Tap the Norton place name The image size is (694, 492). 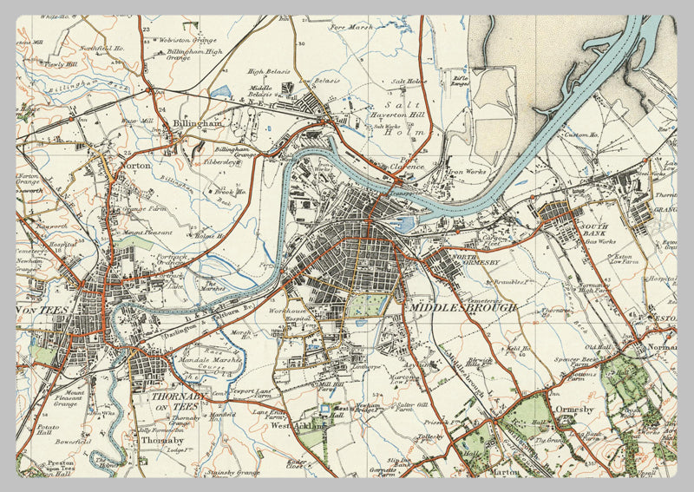pyautogui.click(x=136, y=164)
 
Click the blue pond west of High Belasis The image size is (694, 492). pyautogui.click(x=220, y=90)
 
